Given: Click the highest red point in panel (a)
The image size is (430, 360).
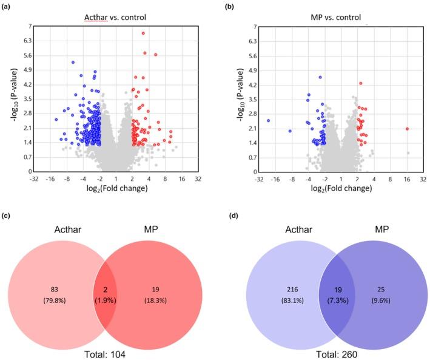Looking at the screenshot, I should (143, 33).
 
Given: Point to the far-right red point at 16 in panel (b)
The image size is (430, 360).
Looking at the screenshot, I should (408, 129).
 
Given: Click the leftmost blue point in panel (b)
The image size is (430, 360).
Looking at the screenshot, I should (268, 120).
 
